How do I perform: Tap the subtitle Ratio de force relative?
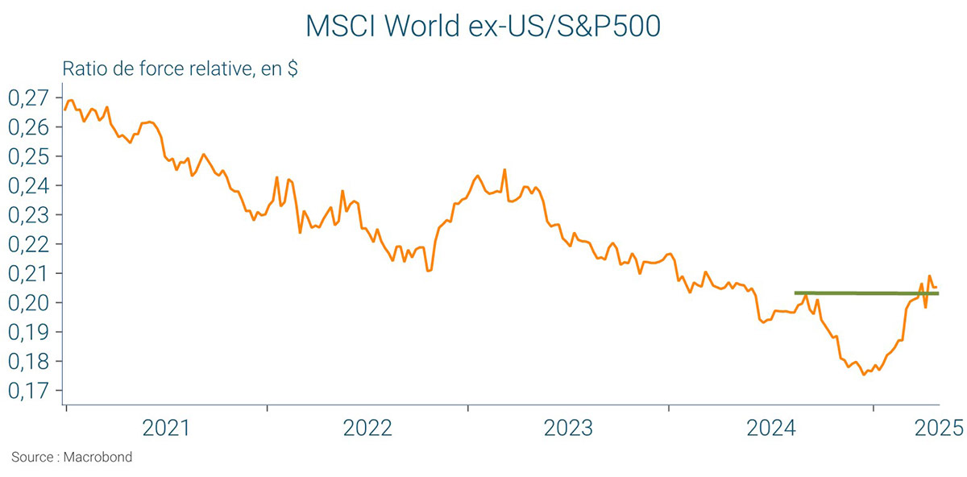181,70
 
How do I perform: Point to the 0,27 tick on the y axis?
27,98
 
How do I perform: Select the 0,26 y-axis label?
27,127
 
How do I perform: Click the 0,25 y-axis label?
27,156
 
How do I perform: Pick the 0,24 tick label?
27,186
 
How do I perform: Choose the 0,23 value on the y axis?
27,215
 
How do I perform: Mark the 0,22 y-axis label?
27,244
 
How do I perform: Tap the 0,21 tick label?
27,274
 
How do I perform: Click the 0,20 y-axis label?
27,303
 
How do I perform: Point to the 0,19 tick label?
27,332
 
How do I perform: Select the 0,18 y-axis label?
27,362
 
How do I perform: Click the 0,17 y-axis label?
27,391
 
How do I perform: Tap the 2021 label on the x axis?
166,428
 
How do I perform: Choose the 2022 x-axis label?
367,428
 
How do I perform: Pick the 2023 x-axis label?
568,428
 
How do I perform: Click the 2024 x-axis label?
770,428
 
